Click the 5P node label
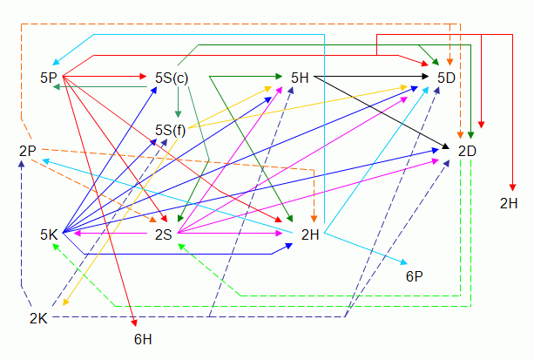tap(49, 78)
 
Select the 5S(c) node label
tap(172, 78)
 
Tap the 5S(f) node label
tap(171, 130)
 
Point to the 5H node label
tap(301, 78)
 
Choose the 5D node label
tap(446, 78)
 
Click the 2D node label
tap(467, 151)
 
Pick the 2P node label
tap(27, 151)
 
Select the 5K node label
tap(49, 234)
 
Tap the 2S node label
tap(163, 234)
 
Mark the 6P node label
tap(414, 276)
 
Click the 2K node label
tap(37, 318)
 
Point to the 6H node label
tap(143, 337)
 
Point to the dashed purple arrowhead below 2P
tap(23, 165)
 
